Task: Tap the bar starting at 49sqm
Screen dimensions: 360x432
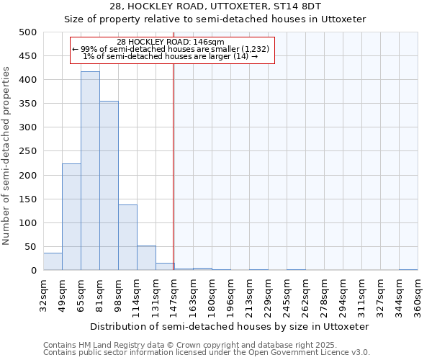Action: click(x=71, y=217)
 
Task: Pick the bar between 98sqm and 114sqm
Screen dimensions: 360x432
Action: click(x=127, y=238)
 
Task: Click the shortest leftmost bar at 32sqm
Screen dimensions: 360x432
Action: click(x=53, y=261)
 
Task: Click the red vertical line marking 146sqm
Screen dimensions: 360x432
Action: click(x=174, y=166)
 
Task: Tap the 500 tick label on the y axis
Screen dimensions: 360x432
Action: click(x=28, y=32)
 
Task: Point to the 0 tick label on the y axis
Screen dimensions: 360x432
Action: click(x=34, y=271)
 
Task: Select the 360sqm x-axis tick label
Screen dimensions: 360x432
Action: click(x=418, y=296)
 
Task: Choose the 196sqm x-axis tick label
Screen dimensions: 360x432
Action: click(x=230, y=296)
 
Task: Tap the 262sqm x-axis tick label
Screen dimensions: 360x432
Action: click(x=305, y=296)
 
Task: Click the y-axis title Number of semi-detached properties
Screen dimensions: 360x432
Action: click(x=7, y=156)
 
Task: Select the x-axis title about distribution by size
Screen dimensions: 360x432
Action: click(x=230, y=326)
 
